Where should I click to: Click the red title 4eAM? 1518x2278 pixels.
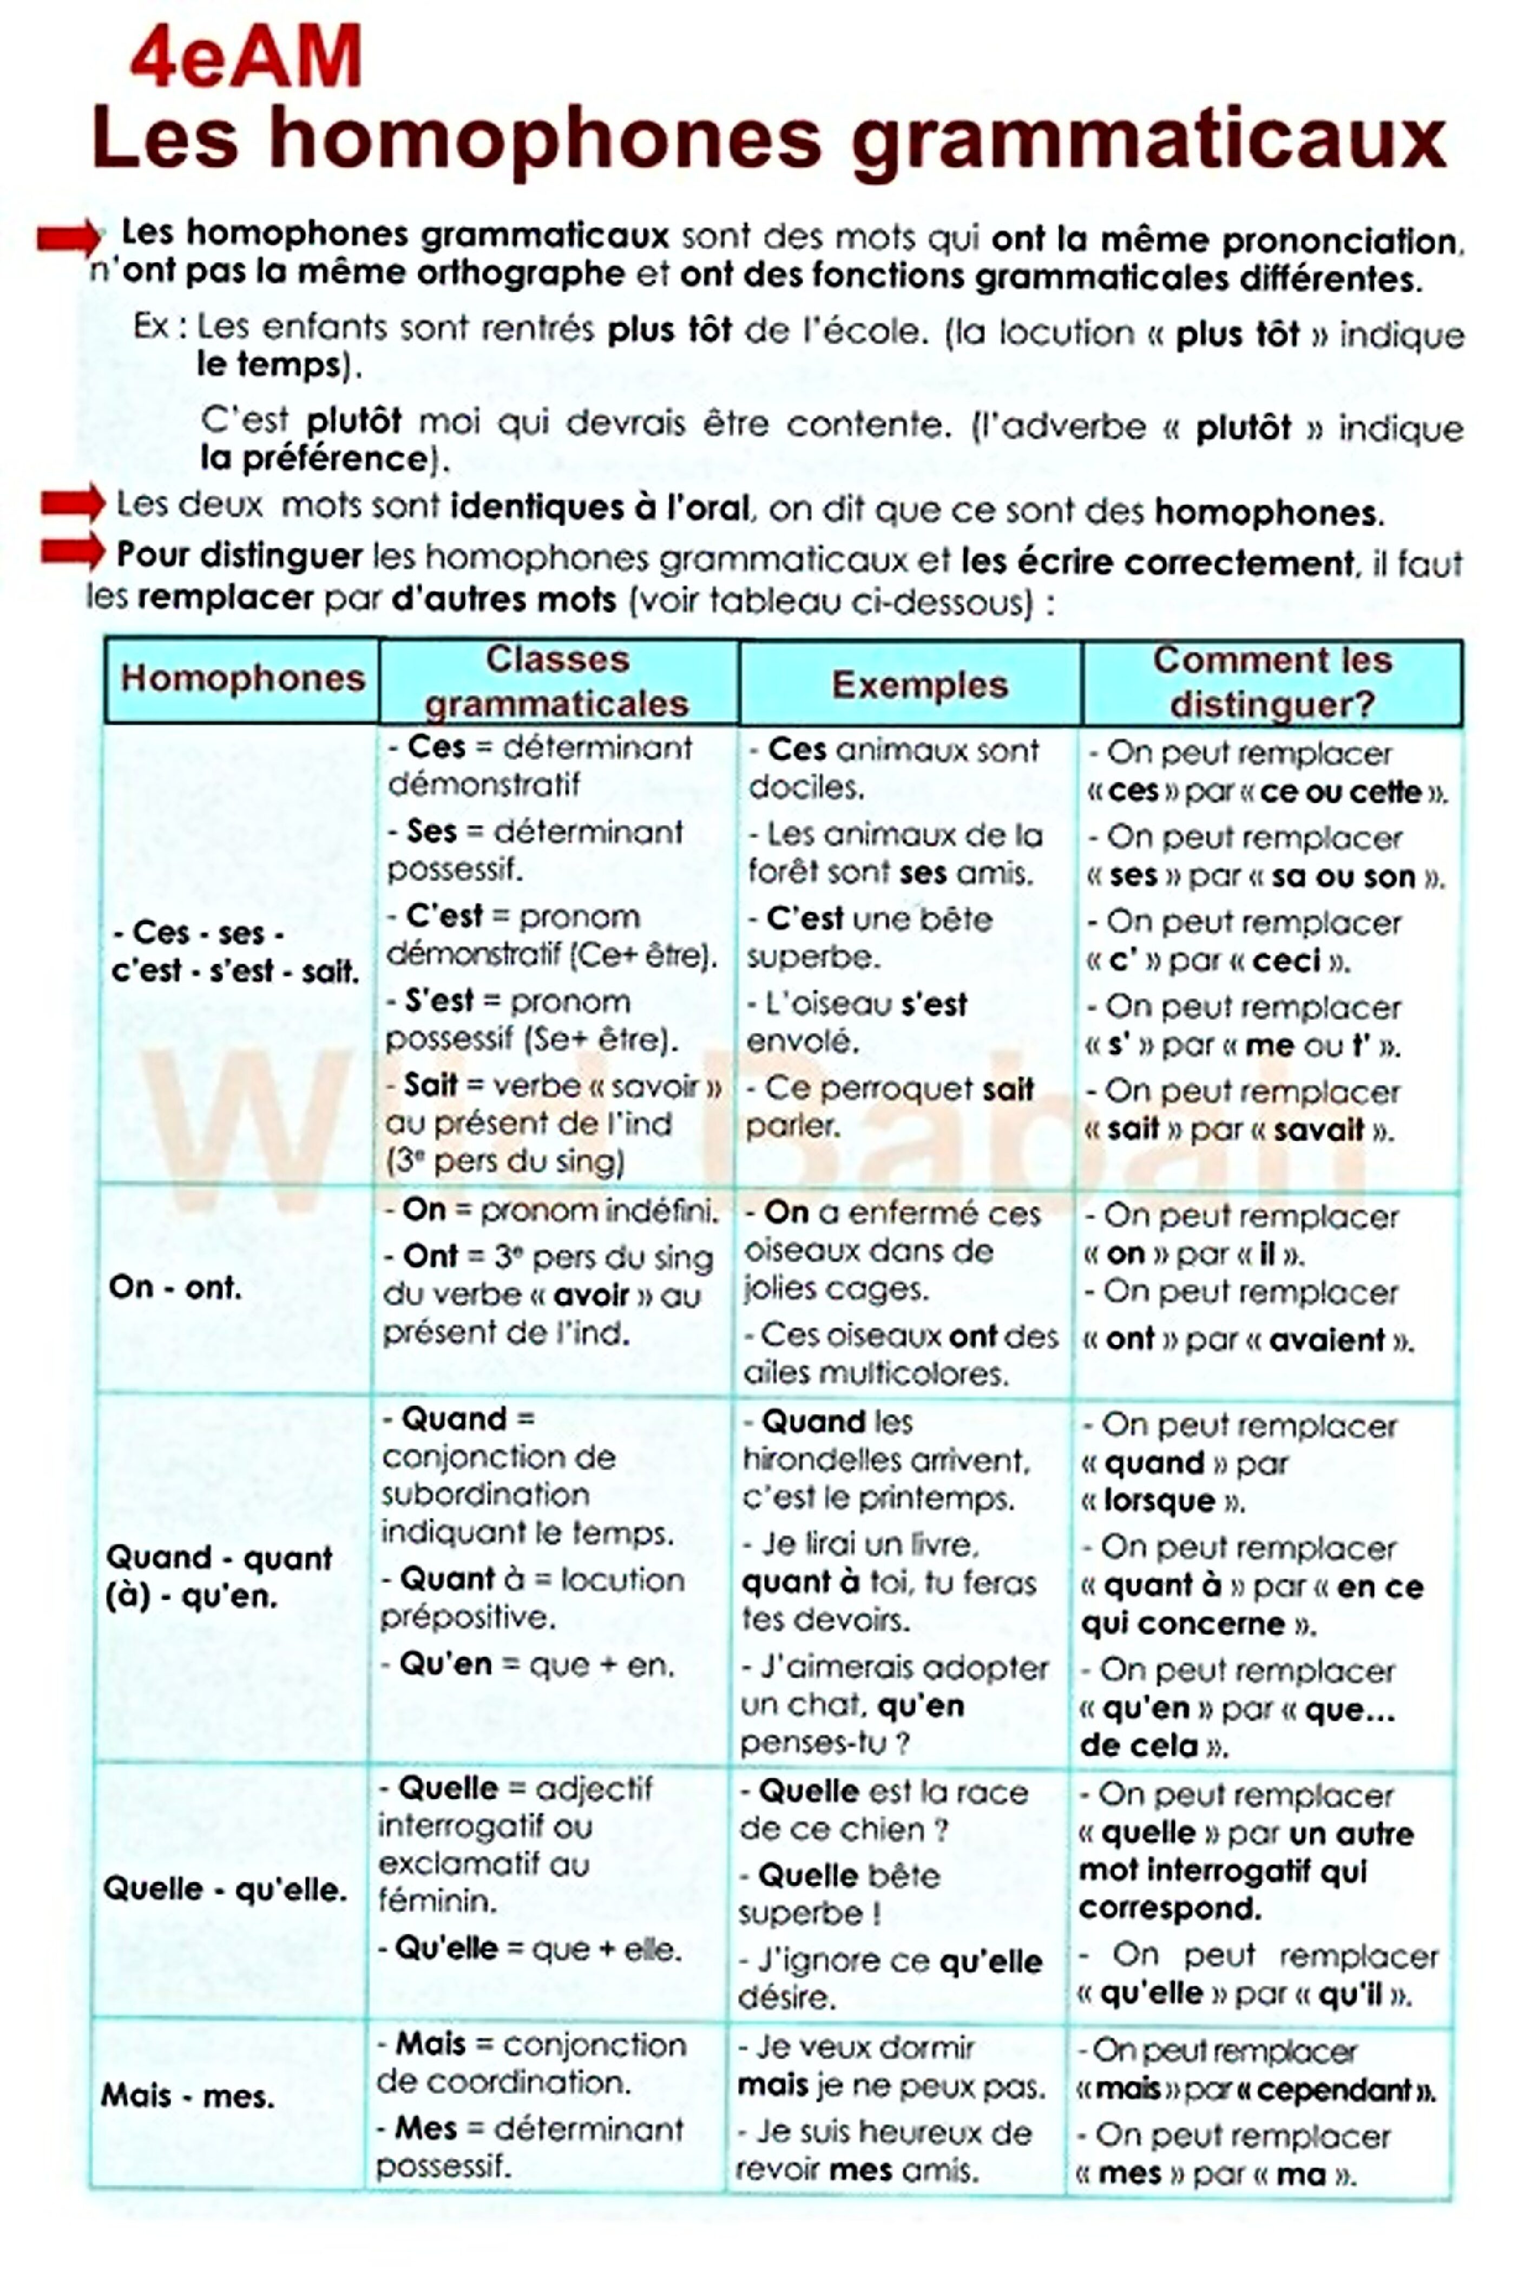(246, 58)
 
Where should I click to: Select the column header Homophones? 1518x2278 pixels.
(242, 679)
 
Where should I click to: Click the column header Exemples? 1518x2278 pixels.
(919, 684)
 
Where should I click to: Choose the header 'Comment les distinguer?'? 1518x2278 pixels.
(1272, 683)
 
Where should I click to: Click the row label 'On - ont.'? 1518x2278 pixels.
(174, 1288)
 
